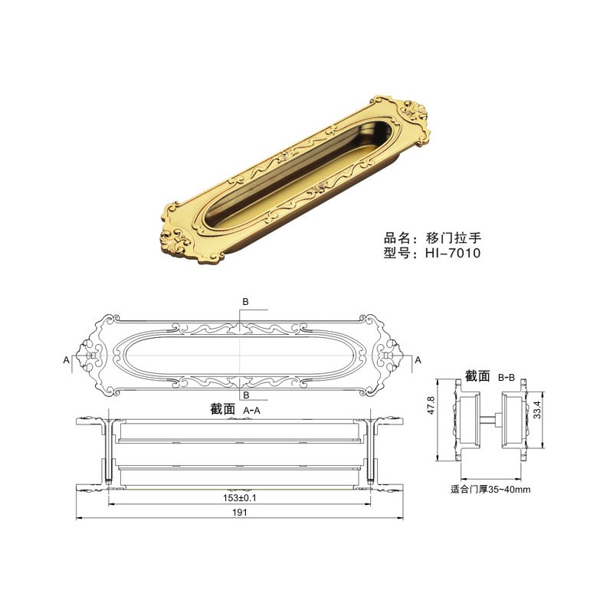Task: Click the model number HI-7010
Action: pos(453,253)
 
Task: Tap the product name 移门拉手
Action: pos(453,238)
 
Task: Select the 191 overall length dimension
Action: pos(239,513)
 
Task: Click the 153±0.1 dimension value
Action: pos(240,498)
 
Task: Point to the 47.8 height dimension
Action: pos(431,405)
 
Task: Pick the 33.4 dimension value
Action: pos(537,410)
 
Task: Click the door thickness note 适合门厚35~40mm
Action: pos(490,489)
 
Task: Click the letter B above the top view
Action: pos(245,301)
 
